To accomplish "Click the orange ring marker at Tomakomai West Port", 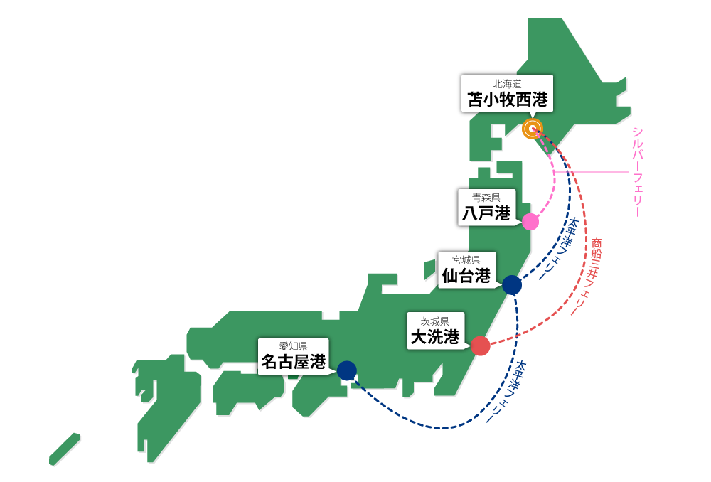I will pyautogui.click(x=532, y=129).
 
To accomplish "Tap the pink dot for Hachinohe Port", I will pyautogui.click(x=530, y=222).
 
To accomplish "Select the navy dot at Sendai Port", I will pyautogui.click(x=512, y=285).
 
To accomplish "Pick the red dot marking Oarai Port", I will pyautogui.click(x=481, y=346).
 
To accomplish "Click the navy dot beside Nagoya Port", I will pyautogui.click(x=347, y=370).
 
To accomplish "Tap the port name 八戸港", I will pyautogui.click(x=486, y=213).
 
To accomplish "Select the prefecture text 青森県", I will pyautogui.click(x=486, y=198).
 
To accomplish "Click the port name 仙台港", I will pyautogui.click(x=466, y=276).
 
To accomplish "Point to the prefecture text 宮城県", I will pyautogui.click(x=466, y=260).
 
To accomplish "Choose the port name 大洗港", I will pyautogui.click(x=435, y=337).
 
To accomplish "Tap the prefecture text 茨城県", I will pyautogui.click(x=435, y=321).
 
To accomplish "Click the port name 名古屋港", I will pyautogui.click(x=294, y=362).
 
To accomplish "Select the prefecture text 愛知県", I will pyautogui.click(x=293, y=346).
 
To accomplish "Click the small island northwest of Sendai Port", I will pyautogui.click(x=429, y=270).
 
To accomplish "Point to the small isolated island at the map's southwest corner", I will pyautogui.click(x=65, y=449).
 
